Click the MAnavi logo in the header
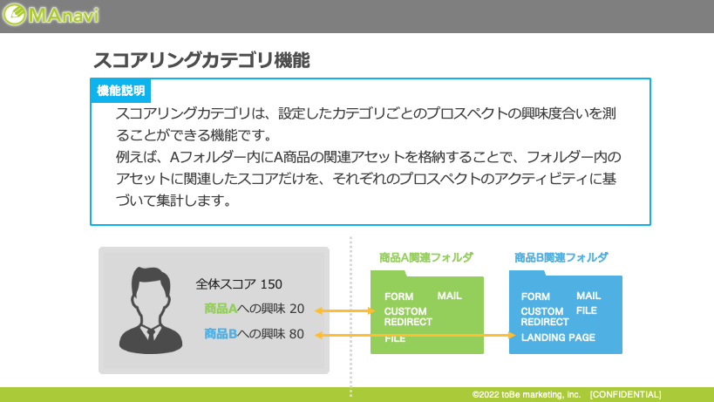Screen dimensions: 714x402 (x=51, y=15)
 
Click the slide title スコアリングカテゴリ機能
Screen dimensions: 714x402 (x=201, y=60)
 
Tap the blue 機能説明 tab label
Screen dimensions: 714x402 (x=120, y=91)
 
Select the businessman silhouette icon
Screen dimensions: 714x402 (x=151, y=310)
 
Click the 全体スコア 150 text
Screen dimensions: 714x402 (x=239, y=284)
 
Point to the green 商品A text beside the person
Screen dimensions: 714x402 (x=221, y=309)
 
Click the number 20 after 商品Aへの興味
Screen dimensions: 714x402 (x=296, y=309)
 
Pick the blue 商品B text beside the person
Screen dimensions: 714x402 (x=221, y=334)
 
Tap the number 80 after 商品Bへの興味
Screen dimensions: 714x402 (x=296, y=334)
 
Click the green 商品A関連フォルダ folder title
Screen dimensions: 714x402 (x=426, y=257)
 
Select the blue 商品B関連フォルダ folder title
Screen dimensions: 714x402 (x=561, y=257)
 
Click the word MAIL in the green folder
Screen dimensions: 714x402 (x=450, y=296)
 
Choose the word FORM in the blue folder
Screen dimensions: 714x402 (x=535, y=296)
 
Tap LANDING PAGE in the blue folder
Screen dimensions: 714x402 (x=558, y=337)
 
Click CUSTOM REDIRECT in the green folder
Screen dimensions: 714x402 (x=408, y=317)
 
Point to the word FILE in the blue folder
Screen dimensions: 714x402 (x=587, y=310)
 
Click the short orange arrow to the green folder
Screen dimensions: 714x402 (x=344, y=311)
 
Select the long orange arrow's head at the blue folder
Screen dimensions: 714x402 (x=512, y=336)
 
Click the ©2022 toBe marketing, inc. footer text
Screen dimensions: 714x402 (x=527, y=395)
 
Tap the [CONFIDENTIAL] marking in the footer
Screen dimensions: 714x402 (x=626, y=395)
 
